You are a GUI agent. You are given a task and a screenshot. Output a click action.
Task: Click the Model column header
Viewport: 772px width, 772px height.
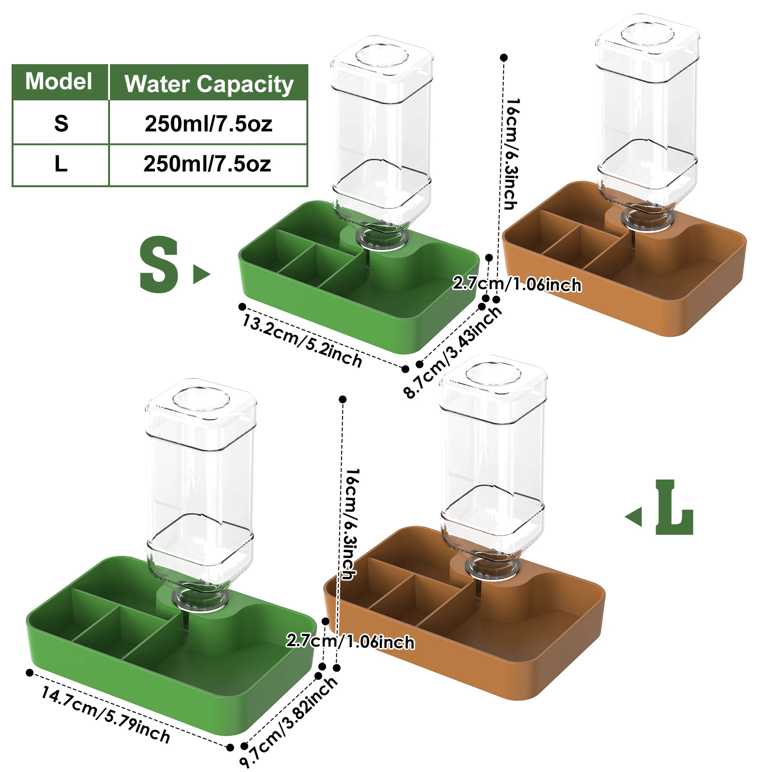pyautogui.click(x=59, y=82)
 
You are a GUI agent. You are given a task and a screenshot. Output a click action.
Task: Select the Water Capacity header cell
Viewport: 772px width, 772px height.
pyautogui.click(x=208, y=83)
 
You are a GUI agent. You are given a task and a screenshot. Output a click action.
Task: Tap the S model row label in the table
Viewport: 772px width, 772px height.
pyautogui.click(x=61, y=124)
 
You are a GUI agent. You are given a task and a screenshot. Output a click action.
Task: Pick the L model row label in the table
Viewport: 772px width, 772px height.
pyautogui.click(x=61, y=164)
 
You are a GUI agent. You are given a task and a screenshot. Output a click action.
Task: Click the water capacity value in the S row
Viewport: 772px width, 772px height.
pyautogui.click(x=208, y=124)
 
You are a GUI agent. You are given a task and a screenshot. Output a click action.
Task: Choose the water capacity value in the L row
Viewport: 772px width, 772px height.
pyautogui.click(x=207, y=164)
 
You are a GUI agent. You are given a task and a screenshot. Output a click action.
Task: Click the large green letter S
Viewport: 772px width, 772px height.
pyautogui.click(x=159, y=265)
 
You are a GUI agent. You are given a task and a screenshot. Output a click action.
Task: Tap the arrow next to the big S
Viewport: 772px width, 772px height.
pyautogui.click(x=201, y=274)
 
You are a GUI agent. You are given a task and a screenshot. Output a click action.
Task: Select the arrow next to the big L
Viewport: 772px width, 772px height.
pyautogui.click(x=634, y=516)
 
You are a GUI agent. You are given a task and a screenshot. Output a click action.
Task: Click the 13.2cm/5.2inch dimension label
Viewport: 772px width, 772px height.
pyautogui.click(x=302, y=341)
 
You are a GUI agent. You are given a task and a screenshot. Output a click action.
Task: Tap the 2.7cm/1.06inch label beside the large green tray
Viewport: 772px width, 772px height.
pyautogui.click(x=350, y=641)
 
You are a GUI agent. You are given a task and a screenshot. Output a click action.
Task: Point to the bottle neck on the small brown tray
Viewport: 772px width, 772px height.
pyautogui.click(x=647, y=220)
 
